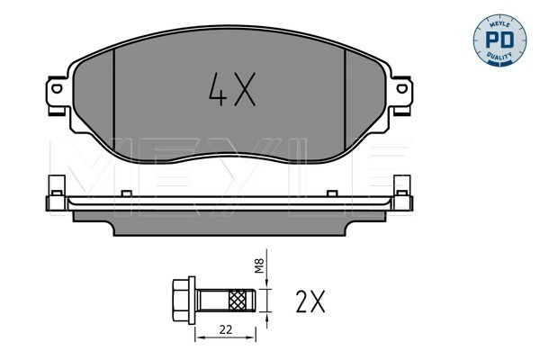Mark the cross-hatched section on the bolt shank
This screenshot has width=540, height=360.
[240, 297]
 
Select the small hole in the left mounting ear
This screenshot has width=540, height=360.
[54, 91]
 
